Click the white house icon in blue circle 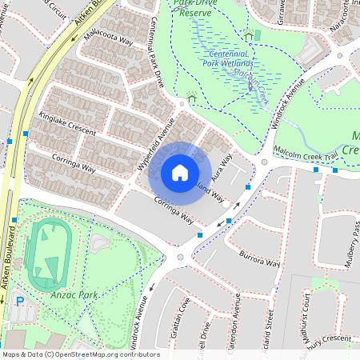tap(180, 172)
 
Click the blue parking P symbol tap(19, 301)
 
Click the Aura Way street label tap(222, 164)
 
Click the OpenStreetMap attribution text tap(81, 354)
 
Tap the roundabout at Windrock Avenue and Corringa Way tap(180, 257)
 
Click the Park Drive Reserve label tap(196, 8)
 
